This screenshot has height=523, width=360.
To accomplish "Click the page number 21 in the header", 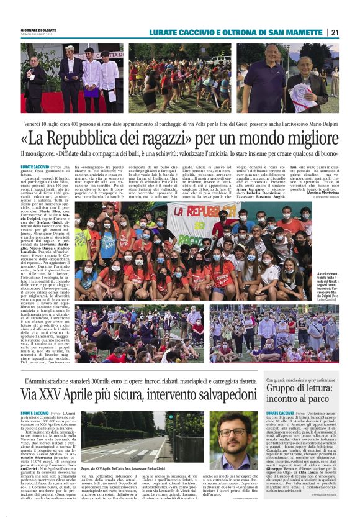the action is tap(351, 32).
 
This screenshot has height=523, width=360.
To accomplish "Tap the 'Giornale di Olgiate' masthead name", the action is tap(41, 30).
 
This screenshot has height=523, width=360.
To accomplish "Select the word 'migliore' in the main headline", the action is tap(304, 137).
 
